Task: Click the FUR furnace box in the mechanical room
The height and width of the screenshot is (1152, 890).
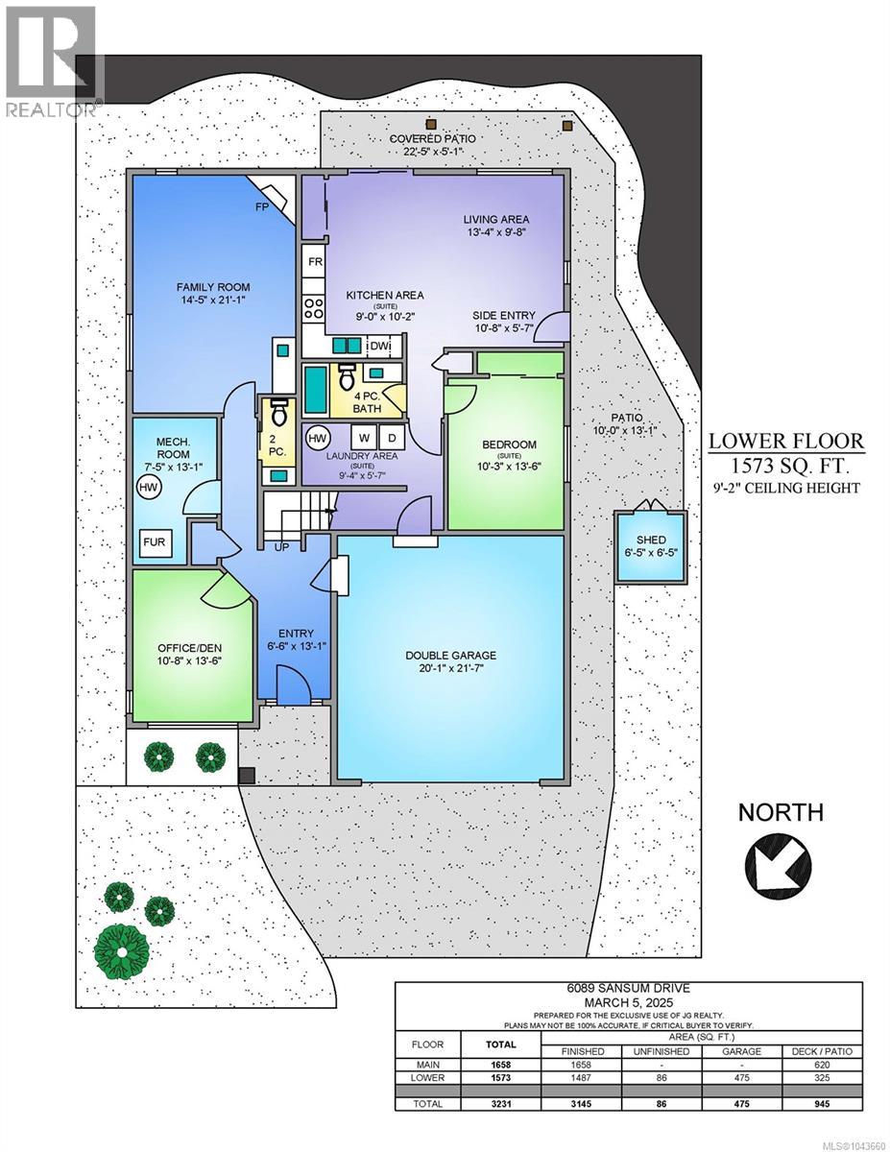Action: tap(156, 542)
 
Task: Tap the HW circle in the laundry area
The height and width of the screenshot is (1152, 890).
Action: tap(318, 438)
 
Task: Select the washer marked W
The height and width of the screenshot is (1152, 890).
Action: tap(364, 438)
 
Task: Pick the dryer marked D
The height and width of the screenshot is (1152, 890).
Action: tap(393, 438)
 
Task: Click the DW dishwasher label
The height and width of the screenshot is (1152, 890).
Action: tap(379, 347)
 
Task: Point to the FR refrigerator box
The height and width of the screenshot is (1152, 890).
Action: tap(316, 262)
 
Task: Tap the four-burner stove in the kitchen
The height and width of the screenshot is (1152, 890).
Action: tap(314, 308)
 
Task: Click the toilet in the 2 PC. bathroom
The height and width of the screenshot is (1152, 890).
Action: tap(279, 412)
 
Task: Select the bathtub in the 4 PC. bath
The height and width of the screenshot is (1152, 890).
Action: tap(317, 390)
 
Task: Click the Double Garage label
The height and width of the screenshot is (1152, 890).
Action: tap(450, 656)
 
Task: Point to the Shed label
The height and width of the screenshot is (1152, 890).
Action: tap(651, 540)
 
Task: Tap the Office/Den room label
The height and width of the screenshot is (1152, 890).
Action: tap(190, 648)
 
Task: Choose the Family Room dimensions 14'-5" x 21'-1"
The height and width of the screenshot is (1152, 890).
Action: tap(213, 300)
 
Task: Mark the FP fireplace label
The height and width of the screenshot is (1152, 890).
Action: tap(262, 207)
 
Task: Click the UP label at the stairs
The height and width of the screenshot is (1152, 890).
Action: tap(281, 546)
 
